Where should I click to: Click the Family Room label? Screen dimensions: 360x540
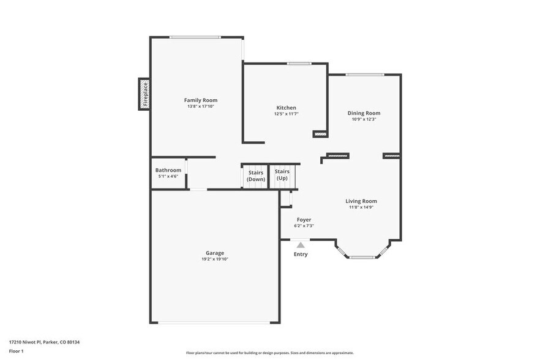click(x=201, y=100)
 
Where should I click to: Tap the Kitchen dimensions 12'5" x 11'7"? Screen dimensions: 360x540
click(x=285, y=114)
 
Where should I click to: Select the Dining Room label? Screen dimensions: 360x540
click(x=364, y=113)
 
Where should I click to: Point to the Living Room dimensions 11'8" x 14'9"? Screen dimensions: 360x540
click(x=361, y=207)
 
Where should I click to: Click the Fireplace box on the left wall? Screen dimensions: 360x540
click(x=144, y=94)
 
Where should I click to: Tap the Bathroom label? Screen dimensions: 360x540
click(x=168, y=170)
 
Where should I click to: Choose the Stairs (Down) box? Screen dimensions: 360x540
click(x=256, y=176)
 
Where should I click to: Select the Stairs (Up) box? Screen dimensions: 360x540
click(x=282, y=176)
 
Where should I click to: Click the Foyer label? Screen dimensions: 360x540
click(x=304, y=220)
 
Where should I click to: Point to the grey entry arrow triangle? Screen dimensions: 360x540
click(x=301, y=245)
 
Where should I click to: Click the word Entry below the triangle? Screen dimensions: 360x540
click(x=301, y=254)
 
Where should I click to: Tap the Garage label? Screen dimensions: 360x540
click(x=214, y=253)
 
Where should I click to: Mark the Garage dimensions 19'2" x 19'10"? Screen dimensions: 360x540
click(x=214, y=259)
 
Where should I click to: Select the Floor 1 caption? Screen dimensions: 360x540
click(x=16, y=351)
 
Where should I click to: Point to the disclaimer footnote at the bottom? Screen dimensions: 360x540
click(x=269, y=353)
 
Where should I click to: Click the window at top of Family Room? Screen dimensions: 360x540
click(x=195, y=37)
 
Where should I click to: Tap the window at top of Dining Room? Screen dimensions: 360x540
click(x=365, y=75)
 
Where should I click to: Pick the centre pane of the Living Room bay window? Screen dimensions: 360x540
click(x=362, y=257)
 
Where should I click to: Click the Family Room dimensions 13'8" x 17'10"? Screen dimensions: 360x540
click(x=201, y=107)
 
